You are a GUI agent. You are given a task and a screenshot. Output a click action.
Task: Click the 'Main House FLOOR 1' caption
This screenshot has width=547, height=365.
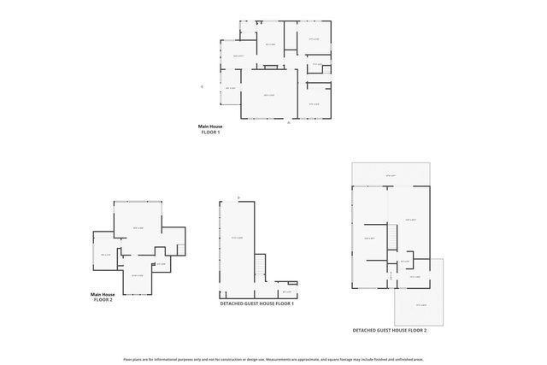(x=210, y=129)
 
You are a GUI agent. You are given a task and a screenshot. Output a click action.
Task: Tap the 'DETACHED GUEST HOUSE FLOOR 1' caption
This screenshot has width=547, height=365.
(x=256, y=303)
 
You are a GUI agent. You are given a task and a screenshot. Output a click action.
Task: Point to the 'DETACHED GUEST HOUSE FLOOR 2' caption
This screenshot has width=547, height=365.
(x=389, y=329)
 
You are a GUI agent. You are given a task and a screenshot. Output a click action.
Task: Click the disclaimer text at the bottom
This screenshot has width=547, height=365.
(x=273, y=358)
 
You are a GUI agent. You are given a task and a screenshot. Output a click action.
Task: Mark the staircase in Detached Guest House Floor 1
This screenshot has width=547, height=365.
(x=261, y=268)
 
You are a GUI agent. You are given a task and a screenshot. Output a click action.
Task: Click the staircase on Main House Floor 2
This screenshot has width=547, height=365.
(x=180, y=249)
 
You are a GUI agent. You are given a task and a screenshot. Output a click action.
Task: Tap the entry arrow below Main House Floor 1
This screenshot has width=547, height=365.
(x=289, y=123)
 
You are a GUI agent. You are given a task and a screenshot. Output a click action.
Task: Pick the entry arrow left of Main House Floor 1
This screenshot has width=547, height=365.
(x=202, y=86)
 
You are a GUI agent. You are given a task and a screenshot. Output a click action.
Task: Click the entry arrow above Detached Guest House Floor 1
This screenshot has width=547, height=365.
(x=239, y=197)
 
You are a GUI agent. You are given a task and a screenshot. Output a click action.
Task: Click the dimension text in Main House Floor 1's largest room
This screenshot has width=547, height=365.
(x=268, y=95)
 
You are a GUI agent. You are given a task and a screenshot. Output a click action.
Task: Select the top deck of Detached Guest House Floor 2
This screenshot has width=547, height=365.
(x=390, y=174)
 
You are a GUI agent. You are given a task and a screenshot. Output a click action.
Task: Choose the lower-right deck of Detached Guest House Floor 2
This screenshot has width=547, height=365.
(x=419, y=303)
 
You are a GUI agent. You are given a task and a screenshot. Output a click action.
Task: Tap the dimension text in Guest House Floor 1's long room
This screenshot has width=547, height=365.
(x=238, y=238)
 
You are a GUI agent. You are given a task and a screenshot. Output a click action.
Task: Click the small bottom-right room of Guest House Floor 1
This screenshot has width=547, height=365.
(x=286, y=291)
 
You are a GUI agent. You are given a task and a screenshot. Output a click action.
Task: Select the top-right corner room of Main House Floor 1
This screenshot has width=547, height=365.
(x=313, y=38)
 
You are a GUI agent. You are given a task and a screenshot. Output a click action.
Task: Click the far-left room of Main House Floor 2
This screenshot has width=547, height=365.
(x=105, y=255)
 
